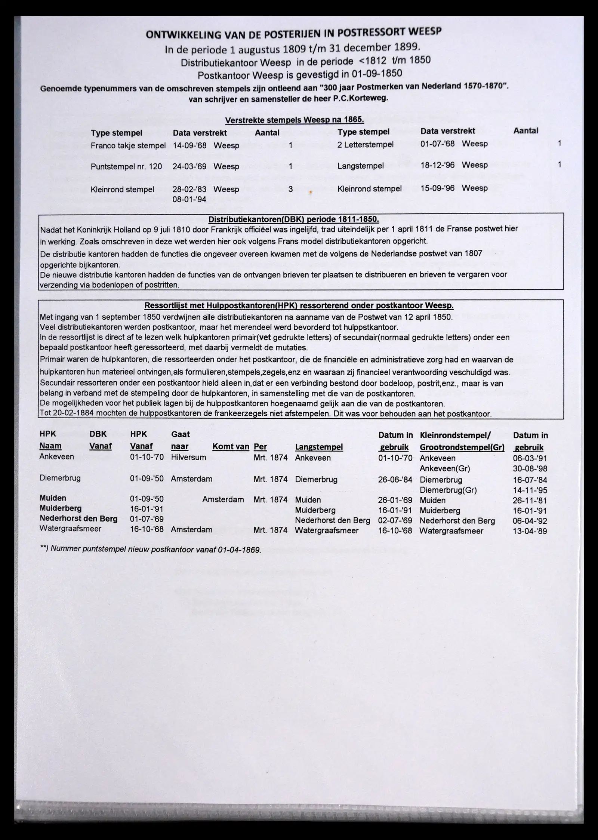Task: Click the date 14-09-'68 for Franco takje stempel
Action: (189, 145)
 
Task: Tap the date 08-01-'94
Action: (189, 199)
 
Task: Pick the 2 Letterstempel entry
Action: (365, 145)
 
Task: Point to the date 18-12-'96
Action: (437, 165)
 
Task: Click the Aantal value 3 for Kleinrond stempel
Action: (290, 189)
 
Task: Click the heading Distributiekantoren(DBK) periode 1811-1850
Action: (293, 219)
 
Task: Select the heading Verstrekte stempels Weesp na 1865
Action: (294, 120)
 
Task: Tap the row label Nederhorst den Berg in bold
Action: (78, 519)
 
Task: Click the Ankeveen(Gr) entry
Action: (445, 468)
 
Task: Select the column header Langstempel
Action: (319, 447)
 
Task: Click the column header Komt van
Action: (231, 446)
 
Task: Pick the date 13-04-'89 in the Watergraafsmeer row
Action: (530, 531)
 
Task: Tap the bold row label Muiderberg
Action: (61, 508)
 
